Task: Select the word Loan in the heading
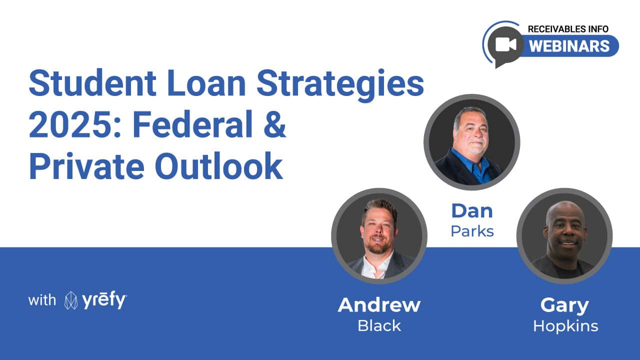(206, 83)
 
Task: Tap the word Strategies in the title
(340, 85)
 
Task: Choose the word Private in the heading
(86, 165)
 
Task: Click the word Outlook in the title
(219, 165)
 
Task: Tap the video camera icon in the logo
(505, 45)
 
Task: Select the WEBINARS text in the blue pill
(569, 46)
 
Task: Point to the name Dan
(472, 211)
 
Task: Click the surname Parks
(472, 231)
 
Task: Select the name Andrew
(379, 305)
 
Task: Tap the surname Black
(379, 325)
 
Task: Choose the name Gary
(564, 306)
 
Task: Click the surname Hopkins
(565, 326)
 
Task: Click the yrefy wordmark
(104, 300)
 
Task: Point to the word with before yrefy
(42, 300)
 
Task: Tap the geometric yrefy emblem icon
(71, 300)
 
